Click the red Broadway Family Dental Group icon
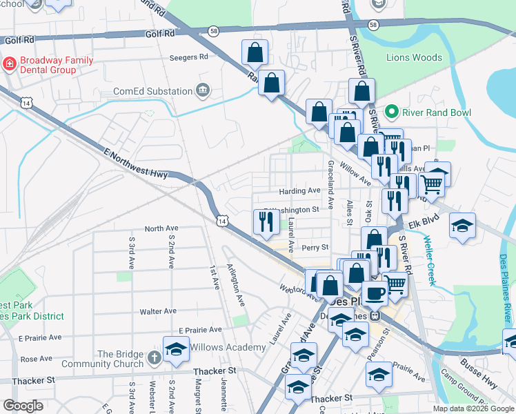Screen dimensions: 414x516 point(10,64)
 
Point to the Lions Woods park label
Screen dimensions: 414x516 point(414,57)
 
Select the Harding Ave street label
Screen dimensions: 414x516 point(299,190)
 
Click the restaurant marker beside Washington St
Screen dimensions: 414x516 point(266,221)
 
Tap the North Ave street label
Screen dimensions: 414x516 point(161,228)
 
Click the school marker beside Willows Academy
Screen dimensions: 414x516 point(176,348)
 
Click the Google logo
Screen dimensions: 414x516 point(23,406)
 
